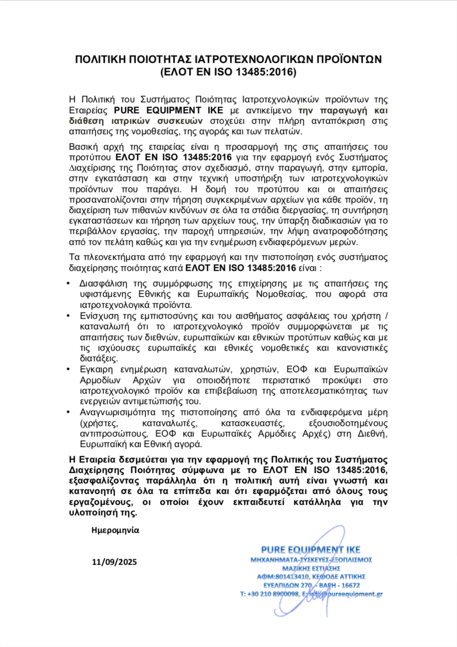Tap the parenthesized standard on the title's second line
228,72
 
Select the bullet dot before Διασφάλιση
69,283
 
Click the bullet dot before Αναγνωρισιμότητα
69,412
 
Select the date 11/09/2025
114,562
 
